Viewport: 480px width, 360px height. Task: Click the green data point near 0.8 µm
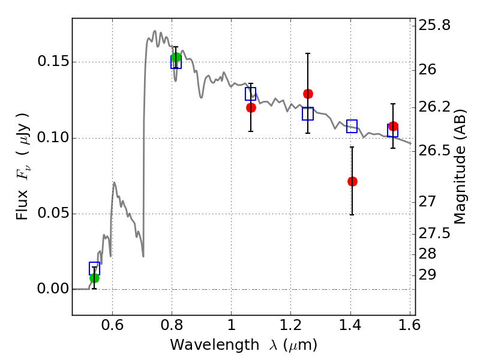176,58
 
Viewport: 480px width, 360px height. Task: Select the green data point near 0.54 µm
94,278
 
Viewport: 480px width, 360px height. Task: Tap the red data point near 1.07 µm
251,107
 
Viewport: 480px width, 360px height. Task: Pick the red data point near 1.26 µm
308,94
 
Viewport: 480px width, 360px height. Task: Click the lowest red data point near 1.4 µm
352,181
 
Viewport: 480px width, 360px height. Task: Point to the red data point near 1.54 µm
393,126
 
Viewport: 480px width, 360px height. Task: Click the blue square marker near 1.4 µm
352,126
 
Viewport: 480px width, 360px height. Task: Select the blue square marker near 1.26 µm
308,113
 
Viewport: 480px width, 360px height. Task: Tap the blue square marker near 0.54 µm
94,268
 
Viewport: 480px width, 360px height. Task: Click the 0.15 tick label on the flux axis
52,62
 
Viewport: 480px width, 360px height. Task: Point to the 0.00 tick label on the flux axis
52,289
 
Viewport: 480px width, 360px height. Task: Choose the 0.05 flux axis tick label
52,214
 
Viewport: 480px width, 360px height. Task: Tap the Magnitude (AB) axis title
460,166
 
